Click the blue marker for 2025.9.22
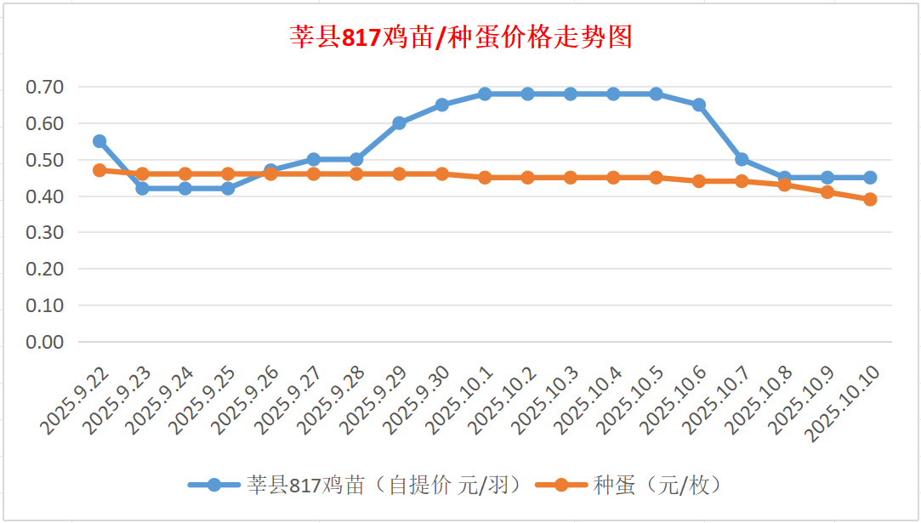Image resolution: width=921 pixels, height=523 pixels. click(x=99, y=141)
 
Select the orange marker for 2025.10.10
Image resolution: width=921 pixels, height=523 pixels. click(x=870, y=199)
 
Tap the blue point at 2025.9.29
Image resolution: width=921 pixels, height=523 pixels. click(x=399, y=123)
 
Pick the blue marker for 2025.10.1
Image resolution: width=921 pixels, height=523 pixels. click(x=485, y=94)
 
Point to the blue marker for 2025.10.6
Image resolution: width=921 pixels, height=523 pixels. click(x=699, y=105)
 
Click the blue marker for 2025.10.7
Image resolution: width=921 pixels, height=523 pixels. click(x=742, y=160)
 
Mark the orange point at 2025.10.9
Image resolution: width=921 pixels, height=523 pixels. click(x=827, y=192)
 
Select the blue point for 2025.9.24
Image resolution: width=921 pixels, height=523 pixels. click(x=185, y=189)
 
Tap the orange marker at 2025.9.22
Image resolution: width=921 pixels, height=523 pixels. click(x=99, y=170)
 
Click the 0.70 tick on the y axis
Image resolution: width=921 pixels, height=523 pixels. click(x=44, y=87)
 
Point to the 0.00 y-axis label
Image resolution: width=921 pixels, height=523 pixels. click(x=44, y=342)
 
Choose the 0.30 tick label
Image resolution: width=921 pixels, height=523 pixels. click(x=44, y=232)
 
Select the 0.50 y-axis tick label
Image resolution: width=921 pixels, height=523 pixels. click(x=44, y=160)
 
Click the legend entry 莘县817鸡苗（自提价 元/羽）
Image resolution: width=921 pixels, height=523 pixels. click(x=353, y=485)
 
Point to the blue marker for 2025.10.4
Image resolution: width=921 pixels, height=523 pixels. click(x=613, y=94)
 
